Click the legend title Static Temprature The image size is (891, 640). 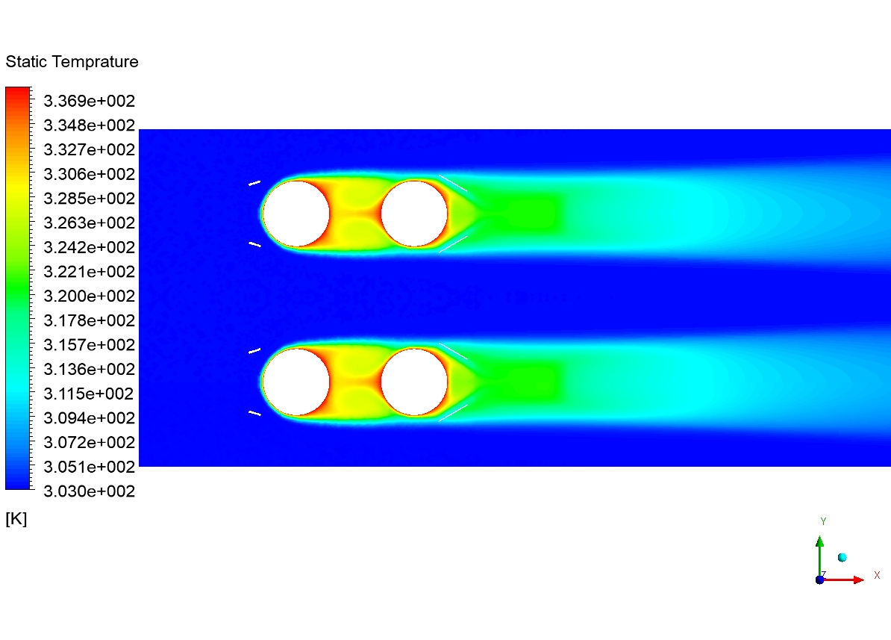[72, 61]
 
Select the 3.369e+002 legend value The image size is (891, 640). [90, 101]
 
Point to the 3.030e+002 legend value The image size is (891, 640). [90, 491]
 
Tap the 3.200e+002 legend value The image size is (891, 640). [90, 296]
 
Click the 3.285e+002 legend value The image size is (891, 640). [90, 199]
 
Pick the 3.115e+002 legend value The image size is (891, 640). [90, 394]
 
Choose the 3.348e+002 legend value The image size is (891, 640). [90, 125]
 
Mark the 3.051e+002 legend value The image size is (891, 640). [90, 467]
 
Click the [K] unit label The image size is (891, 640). [16, 519]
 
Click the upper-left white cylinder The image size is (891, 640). [296, 214]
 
